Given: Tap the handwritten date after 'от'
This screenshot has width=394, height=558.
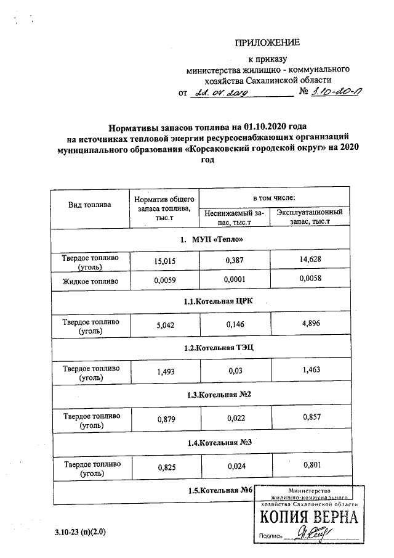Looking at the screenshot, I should tap(220, 93).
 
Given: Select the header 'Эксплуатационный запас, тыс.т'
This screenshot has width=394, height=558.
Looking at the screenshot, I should tap(309, 216).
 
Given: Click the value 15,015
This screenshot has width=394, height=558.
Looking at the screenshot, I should tap(165, 261).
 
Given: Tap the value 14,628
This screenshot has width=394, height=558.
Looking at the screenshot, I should tap(309, 261).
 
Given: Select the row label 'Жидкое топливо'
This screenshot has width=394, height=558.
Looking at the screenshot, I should tap(90, 282).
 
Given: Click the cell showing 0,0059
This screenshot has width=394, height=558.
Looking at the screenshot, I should tap(165, 282).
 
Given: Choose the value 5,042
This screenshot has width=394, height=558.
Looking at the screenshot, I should tap(165, 325).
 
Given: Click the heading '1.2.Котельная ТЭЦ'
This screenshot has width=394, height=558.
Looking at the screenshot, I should tap(218, 348).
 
